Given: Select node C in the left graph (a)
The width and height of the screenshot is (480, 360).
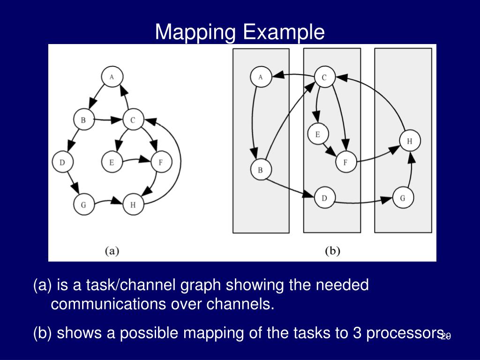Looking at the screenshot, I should pyautogui.click(x=133, y=120).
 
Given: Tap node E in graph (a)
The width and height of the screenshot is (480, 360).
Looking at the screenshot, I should pyautogui.click(x=112, y=163).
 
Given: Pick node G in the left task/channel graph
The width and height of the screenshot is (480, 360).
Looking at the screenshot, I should pyautogui.click(x=83, y=205).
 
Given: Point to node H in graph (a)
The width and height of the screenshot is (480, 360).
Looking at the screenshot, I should pyautogui.click(x=133, y=205).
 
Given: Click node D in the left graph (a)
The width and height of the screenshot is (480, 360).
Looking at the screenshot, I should pyautogui.click(x=62, y=163).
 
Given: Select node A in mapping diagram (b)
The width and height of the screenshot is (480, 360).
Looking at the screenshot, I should pyautogui.click(x=261, y=77).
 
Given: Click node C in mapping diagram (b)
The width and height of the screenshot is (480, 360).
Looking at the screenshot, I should pyautogui.click(x=324, y=77).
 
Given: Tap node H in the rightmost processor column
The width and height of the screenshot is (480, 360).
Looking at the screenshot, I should pyautogui.click(x=410, y=141).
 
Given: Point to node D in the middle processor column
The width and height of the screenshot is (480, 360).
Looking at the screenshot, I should pyautogui.click(x=324, y=198).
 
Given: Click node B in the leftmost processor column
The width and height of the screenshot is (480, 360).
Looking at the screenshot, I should pyautogui.click(x=261, y=170).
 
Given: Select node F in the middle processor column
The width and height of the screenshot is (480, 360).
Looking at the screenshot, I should pyautogui.click(x=346, y=163).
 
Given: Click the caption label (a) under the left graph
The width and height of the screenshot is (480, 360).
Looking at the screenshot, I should pyautogui.click(x=112, y=251).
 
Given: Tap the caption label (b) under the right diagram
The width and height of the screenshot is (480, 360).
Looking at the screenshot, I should pyautogui.click(x=332, y=251).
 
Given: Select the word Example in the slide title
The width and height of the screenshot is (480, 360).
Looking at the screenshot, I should pyautogui.click(x=283, y=32).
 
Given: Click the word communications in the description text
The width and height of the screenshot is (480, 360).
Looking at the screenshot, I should pyautogui.click(x=108, y=304).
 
